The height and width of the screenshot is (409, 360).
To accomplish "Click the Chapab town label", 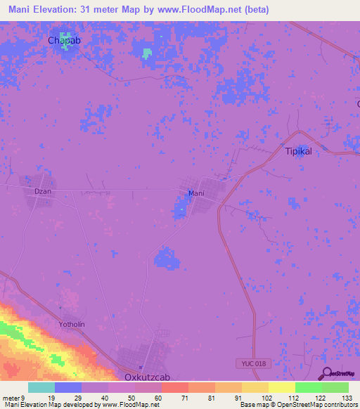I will coord(65,40).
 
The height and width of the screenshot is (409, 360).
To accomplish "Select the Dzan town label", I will coord(43,190).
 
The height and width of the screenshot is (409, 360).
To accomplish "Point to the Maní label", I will coord(196,193).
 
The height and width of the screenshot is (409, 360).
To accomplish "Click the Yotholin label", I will coord(72,325).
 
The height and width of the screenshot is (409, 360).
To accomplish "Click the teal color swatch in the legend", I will coord(41,387).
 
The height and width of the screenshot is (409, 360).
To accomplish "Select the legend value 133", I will coord(347,397).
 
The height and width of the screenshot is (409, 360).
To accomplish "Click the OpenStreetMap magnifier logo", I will coord(327,373).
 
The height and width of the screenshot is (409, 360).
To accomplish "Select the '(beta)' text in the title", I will coord(254,10).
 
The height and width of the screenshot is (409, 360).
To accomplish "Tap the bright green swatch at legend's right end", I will coord(335,387).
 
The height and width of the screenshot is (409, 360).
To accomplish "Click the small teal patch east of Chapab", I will coord(146,53).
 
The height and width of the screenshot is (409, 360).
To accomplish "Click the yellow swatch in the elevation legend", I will coord(281,387).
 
